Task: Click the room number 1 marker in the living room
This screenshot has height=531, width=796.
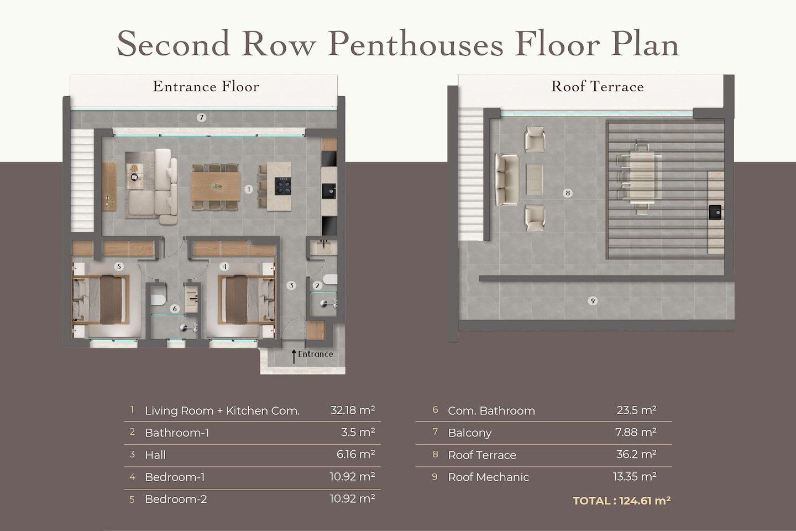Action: pos(249,189)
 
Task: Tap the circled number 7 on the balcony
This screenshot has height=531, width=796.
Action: pos(201,117)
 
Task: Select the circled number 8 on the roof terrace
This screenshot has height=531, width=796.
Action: pos(568,193)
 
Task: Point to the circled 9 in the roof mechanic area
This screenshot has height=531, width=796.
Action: pos(593,301)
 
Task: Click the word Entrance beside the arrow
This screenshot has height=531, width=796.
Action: pos(316,354)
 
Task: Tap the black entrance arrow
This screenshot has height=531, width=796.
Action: pos(294,356)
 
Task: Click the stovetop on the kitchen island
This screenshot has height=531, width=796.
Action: pos(283,186)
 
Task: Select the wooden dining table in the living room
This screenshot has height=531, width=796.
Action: pos(216,186)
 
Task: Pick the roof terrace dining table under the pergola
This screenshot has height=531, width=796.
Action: pos(642,178)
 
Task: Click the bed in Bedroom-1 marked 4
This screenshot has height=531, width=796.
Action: pos(247,299)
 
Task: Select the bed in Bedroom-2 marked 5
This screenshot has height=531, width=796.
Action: pos(101,299)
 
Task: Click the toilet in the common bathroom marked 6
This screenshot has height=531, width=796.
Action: pos(158,299)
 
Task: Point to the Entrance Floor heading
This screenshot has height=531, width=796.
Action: pos(206,86)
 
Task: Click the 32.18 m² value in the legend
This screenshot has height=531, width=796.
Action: pos(353,410)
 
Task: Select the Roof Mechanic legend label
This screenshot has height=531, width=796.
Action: pos(488,477)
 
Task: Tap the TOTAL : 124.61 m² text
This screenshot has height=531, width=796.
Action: pos(622,501)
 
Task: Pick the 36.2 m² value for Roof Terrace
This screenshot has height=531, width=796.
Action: pos(636,454)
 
